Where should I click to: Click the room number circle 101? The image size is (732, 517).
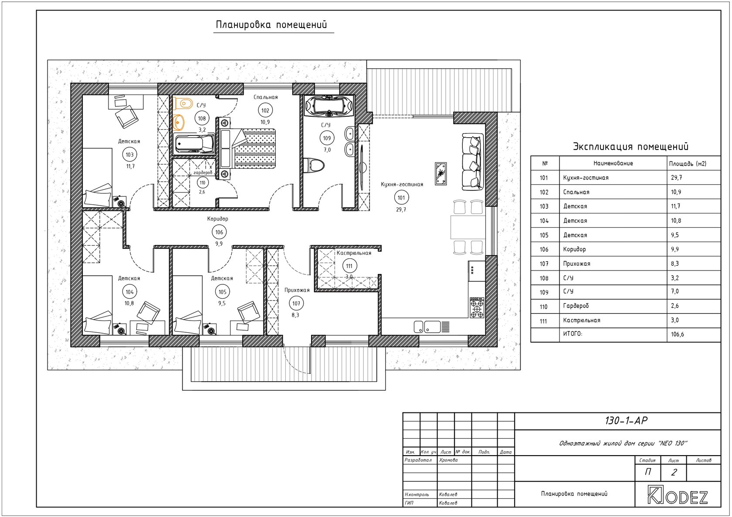pos(401,198)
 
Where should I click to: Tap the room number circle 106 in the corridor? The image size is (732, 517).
pos(219,232)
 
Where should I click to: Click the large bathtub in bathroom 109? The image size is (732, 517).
pos(329,105)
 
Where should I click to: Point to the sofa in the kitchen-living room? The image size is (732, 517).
pos(472,161)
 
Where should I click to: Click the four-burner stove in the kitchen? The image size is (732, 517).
pos(477,307)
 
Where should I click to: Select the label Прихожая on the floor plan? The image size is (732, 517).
pos(297,290)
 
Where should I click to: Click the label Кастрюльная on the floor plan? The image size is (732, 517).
pos(354,253)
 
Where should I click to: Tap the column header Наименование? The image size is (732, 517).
pos(613,163)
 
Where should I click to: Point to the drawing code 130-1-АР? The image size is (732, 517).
pos(626,421)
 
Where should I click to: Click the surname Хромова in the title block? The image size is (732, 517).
pos(448,460)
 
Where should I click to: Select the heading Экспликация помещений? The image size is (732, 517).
pos(631,147)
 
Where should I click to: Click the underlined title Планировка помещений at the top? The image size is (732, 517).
pos(271,25)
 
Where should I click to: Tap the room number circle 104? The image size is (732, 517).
pos(129,292)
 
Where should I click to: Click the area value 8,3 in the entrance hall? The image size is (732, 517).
pos(295,315)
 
